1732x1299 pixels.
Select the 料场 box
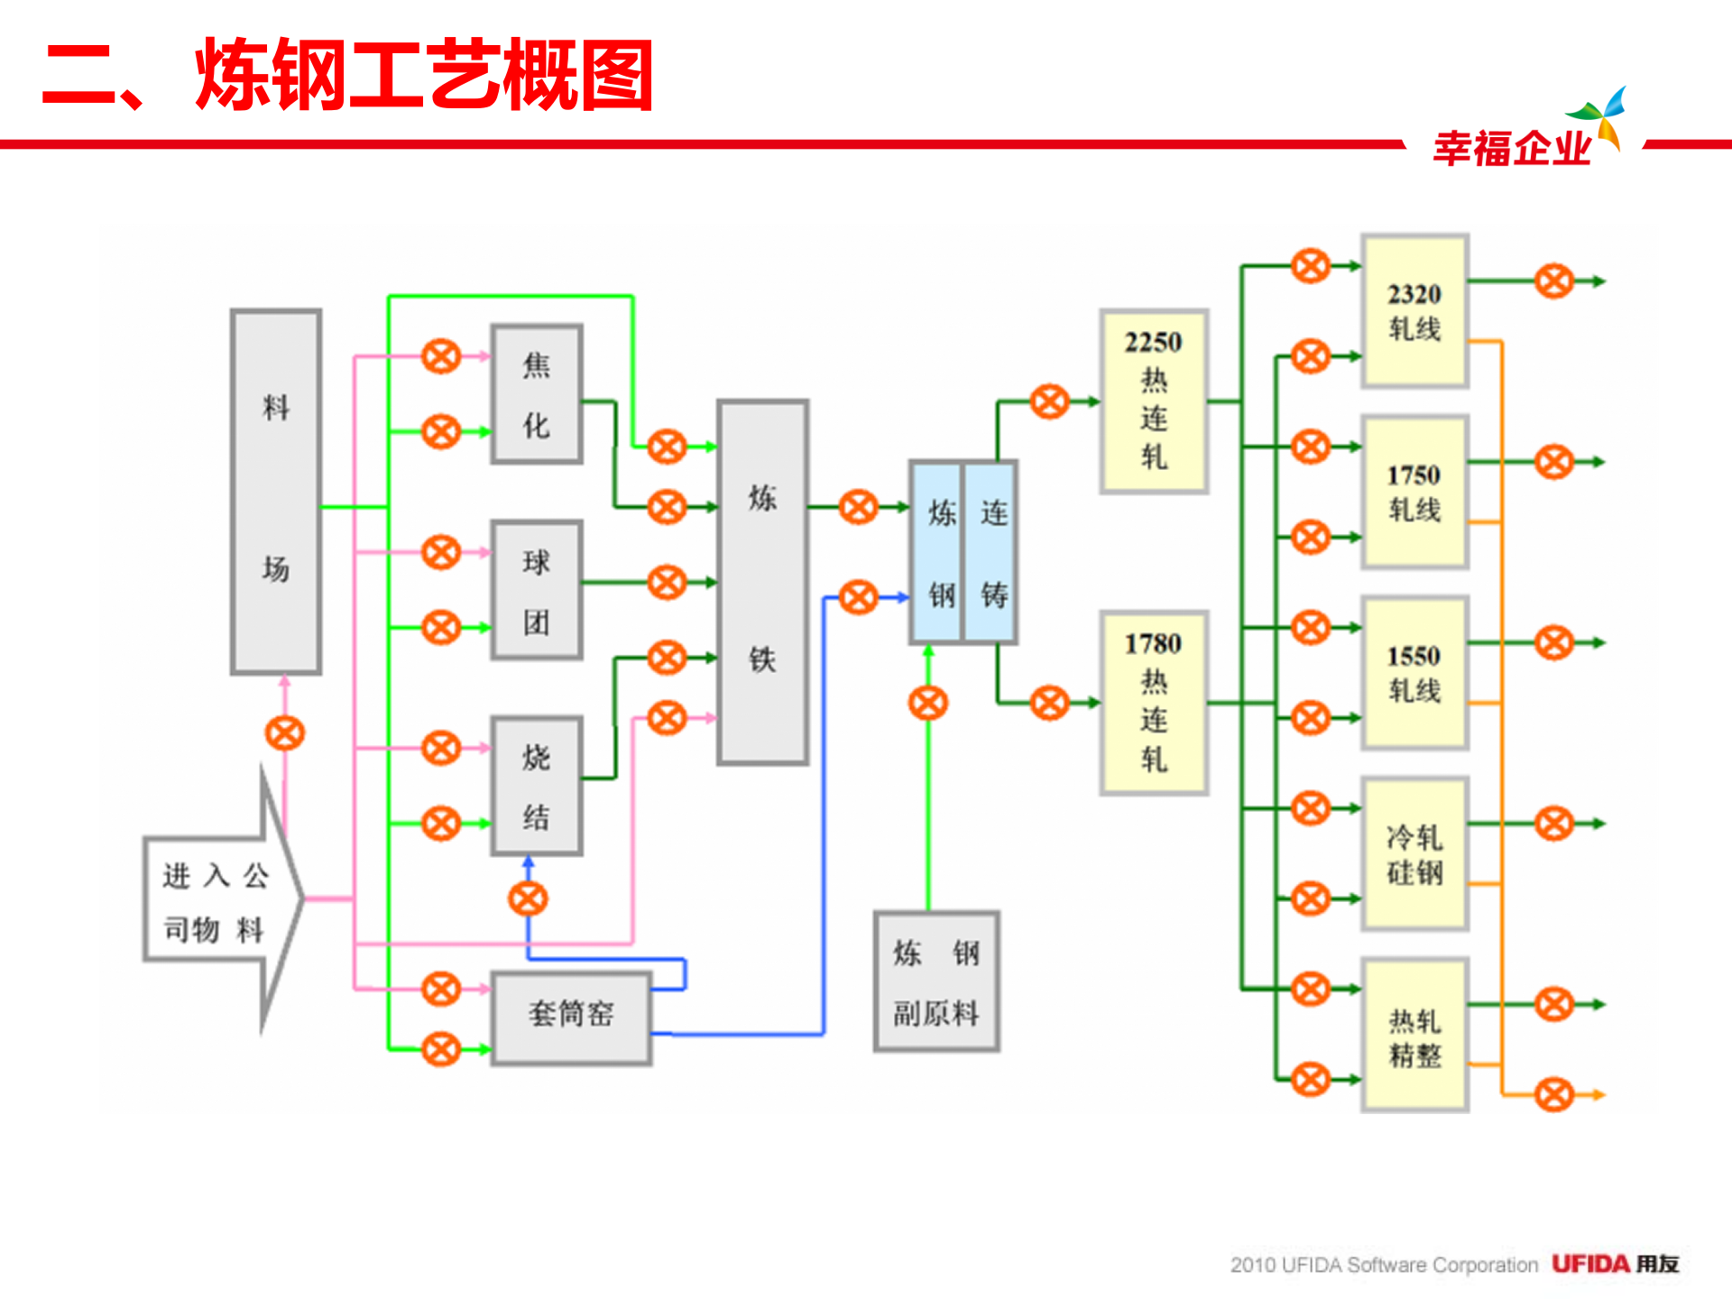276,492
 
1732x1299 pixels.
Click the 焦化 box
537,394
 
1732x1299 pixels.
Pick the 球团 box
537,590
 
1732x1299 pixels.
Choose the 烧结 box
537,786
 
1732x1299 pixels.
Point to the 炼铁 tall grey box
762,582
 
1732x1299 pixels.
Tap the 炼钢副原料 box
936,981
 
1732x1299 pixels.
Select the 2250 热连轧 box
1154,401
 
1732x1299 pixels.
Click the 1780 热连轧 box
1154,703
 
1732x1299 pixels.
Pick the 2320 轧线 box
1414,311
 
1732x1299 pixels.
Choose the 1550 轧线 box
1414,673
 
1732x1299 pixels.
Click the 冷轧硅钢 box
1414,853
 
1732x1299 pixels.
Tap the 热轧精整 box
1414,1035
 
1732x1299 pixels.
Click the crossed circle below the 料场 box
285,732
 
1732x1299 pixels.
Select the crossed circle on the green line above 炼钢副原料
928,703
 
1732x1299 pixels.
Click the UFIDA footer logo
1614,1264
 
